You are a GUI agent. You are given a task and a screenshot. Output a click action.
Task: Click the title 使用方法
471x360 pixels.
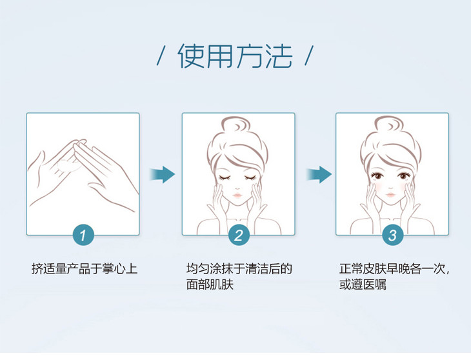click(x=235, y=56)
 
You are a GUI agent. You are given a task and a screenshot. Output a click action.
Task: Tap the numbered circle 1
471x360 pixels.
click(x=83, y=235)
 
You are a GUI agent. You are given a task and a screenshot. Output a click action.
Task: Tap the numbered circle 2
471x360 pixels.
click(x=239, y=235)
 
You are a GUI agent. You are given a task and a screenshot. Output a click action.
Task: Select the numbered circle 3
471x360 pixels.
click(x=392, y=235)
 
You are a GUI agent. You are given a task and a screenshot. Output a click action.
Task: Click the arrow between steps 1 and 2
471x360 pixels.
click(x=162, y=174)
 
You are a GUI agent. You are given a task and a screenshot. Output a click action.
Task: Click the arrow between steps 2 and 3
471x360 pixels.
click(x=319, y=174)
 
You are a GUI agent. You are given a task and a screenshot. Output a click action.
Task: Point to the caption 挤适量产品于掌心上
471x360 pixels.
click(x=85, y=268)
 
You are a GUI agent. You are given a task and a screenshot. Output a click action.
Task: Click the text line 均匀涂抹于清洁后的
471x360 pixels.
click(x=239, y=268)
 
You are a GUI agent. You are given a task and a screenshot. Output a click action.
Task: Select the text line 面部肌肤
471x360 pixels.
click(x=210, y=285)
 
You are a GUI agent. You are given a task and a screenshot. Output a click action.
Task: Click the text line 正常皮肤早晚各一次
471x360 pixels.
click(x=392, y=268)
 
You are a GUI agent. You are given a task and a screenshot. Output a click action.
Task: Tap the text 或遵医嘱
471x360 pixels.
click(x=363, y=285)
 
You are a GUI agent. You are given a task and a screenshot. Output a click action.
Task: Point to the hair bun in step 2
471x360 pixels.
click(x=236, y=126)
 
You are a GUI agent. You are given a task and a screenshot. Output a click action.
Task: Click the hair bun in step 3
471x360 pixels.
click(x=390, y=126)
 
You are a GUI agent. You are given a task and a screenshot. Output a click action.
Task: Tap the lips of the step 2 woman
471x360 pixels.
click(x=237, y=195)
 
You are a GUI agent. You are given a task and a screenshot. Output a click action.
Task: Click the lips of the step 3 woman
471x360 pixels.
click(x=390, y=195)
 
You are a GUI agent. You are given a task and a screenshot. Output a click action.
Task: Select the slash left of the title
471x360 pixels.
click(x=161, y=55)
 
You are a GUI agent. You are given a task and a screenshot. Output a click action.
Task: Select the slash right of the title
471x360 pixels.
click(x=309, y=55)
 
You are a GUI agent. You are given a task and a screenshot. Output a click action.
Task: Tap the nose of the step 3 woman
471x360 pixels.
click(x=390, y=187)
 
